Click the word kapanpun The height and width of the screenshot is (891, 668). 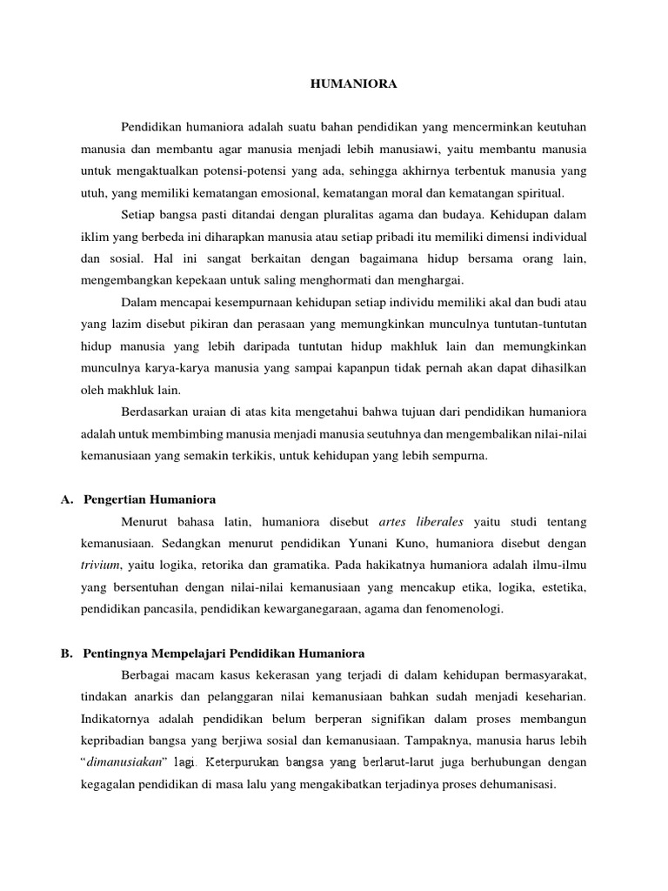[388, 368]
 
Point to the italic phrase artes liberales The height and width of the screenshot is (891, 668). [423, 522]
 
